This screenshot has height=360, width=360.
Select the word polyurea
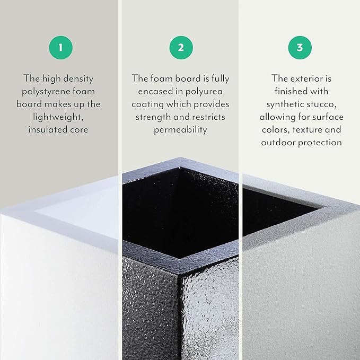pyautogui.click(x=209, y=91)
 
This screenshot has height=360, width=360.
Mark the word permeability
pyautogui.click(x=181, y=130)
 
